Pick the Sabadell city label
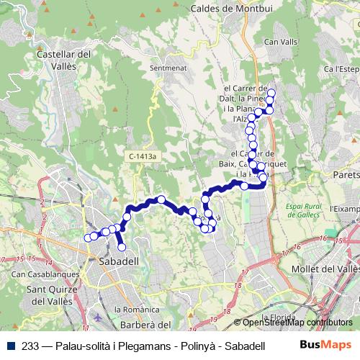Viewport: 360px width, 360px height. [x=119, y=262]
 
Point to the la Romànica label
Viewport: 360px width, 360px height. [x=135, y=309]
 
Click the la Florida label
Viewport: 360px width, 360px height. [x=280, y=317]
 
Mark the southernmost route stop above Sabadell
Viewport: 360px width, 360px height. [x=121, y=247]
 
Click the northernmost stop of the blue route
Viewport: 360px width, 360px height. [x=271, y=92]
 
